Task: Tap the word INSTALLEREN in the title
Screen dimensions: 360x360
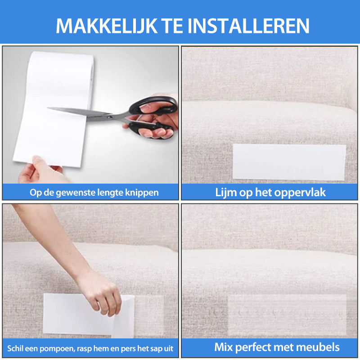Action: point(248,26)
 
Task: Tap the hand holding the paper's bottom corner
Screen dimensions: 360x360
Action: point(38,171)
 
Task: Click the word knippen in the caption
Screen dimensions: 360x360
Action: point(144,193)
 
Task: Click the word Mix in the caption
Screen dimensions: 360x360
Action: point(224,347)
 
